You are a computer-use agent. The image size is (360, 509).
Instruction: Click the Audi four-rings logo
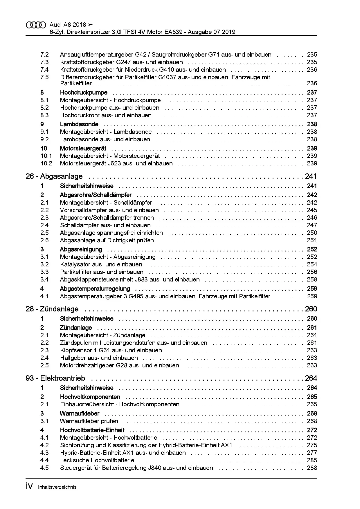pyautogui.click(x=36, y=25)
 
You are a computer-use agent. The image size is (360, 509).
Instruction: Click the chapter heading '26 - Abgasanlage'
pyautogui.click(x=54, y=176)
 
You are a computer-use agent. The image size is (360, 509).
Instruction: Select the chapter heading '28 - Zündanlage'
pyautogui.click(x=52, y=309)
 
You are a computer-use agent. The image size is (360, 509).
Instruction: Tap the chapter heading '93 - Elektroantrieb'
pyautogui.click(x=55, y=378)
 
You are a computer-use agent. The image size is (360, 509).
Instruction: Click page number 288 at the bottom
pyautogui.click(x=312, y=468)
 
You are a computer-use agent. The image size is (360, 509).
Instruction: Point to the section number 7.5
pyautogui.click(x=44, y=77)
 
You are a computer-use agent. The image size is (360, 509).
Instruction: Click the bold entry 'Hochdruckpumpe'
pyautogui.click(x=84, y=93)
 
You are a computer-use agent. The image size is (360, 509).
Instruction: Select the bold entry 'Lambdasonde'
pyautogui.click(x=79, y=124)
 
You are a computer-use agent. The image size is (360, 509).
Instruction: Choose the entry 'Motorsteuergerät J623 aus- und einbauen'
pyautogui.click(x=116, y=163)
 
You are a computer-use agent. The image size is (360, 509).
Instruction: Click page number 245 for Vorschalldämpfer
pyautogui.click(x=312, y=210)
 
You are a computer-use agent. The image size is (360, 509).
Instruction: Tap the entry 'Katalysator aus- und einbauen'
pyautogui.click(x=101, y=264)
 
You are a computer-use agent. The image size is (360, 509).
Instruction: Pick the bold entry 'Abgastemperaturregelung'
pyautogui.click(x=95, y=289)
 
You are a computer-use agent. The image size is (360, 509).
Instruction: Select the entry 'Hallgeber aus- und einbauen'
pyautogui.click(x=99, y=358)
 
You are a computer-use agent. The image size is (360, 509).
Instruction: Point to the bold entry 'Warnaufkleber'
pyautogui.click(x=80, y=414)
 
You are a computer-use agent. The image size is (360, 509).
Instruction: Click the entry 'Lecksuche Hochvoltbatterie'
pyautogui.click(x=97, y=460)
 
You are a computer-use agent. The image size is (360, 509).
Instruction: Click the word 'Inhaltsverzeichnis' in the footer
pyautogui.click(x=57, y=487)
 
